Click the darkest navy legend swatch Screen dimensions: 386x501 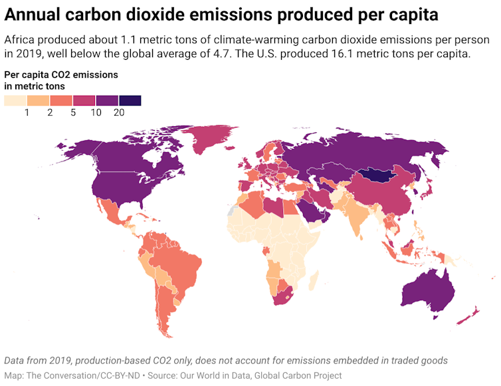click(x=130, y=100)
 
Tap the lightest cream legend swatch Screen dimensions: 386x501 click(x=15, y=100)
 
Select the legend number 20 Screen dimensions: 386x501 click(x=119, y=113)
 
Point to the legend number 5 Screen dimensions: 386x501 click(x=73, y=113)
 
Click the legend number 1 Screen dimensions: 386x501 click(x=27, y=113)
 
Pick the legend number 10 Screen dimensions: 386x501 click(x=96, y=113)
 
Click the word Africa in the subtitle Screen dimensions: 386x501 click(x=20, y=40)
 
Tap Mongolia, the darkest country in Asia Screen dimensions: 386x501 click(x=380, y=175)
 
